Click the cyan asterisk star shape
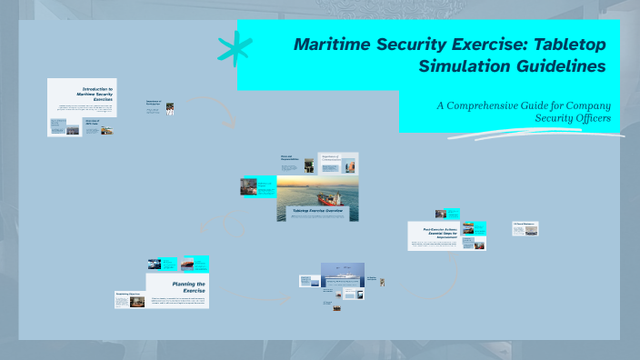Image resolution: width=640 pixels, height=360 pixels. [x=235, y=48]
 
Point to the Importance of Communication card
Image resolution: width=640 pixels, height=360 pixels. [x=336, y=163]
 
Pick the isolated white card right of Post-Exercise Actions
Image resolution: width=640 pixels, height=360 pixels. [x=525, y=227]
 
